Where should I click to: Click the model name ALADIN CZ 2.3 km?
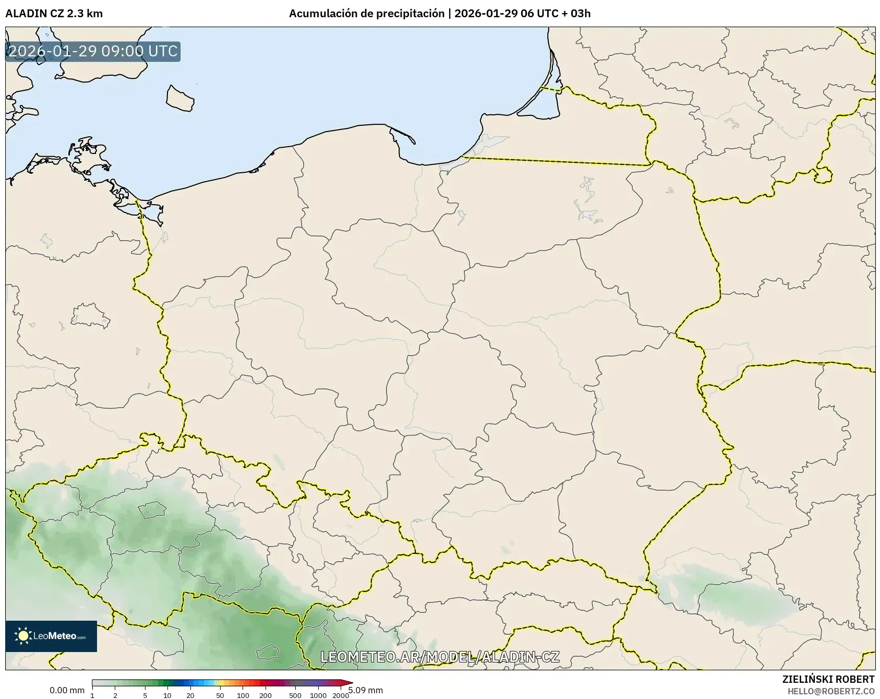54,14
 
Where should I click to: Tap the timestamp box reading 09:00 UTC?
93,52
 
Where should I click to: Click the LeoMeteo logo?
51,636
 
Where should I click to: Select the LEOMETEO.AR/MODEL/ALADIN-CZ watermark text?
440,657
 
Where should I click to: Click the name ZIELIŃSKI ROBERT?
828,679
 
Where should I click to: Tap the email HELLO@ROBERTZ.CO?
830,691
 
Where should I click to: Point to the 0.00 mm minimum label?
67,690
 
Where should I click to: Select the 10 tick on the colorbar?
167,695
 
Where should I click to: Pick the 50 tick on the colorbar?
220,695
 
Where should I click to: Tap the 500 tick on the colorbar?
295,695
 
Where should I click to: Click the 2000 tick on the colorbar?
341,695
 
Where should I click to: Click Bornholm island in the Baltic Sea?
180,98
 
